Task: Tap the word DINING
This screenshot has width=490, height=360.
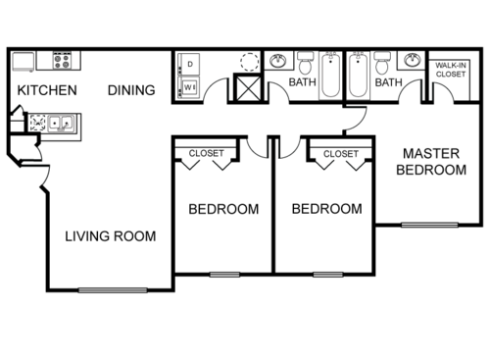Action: click(131, 90)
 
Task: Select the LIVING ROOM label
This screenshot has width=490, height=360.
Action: click(110, 236)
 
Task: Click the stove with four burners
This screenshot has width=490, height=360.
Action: click(63, 61)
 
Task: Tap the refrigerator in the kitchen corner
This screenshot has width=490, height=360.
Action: click(23, 61)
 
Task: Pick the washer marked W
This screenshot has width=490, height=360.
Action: click(189, 87)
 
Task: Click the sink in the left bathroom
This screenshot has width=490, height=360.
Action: click(278, 62)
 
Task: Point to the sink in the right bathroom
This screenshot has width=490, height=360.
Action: click(409, 62)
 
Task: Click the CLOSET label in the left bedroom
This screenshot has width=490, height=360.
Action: click(206, 154)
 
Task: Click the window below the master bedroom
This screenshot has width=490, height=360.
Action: click(428, 225)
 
